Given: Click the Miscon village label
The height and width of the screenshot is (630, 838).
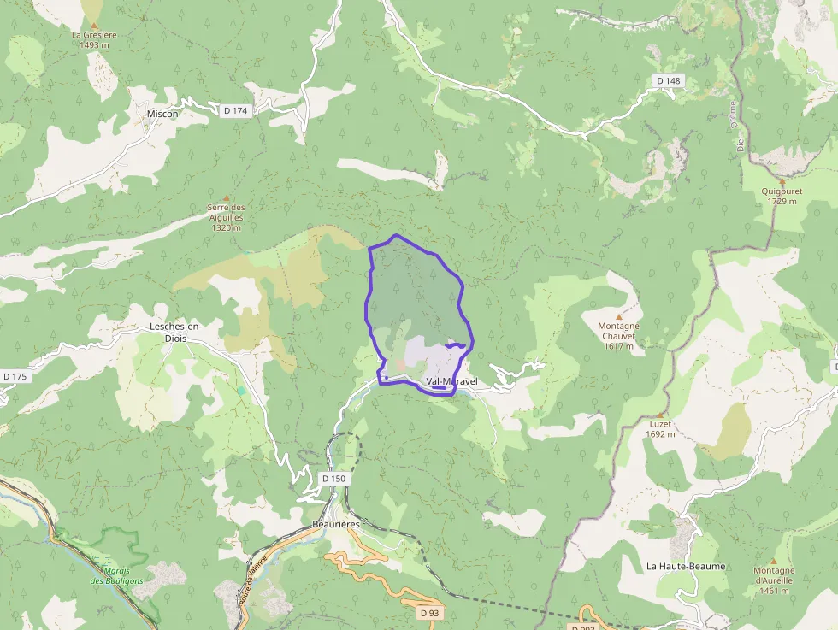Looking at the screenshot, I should point(162,114).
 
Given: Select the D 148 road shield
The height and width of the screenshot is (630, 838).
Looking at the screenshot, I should point(669,80).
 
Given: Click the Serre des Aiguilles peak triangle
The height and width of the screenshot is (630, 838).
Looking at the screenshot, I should point(227,197).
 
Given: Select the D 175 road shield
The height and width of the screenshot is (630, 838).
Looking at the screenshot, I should point(15,376).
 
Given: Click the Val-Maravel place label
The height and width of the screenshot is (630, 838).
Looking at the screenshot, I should point(451,381).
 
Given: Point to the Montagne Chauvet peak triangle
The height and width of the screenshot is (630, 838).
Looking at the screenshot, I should point(618,316).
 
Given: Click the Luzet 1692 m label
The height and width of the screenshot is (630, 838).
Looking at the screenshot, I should point(660,428).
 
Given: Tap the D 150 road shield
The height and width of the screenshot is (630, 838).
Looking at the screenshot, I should point(334,479).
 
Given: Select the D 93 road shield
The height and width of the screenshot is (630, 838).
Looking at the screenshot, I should point(429,613).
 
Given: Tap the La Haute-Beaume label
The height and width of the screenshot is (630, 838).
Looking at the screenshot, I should point(685,566).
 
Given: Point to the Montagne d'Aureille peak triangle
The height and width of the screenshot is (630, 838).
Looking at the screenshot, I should point(773,562).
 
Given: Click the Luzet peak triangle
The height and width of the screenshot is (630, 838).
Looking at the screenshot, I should point(660,414).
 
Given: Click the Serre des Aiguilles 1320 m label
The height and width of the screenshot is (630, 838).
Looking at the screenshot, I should point(227,217).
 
